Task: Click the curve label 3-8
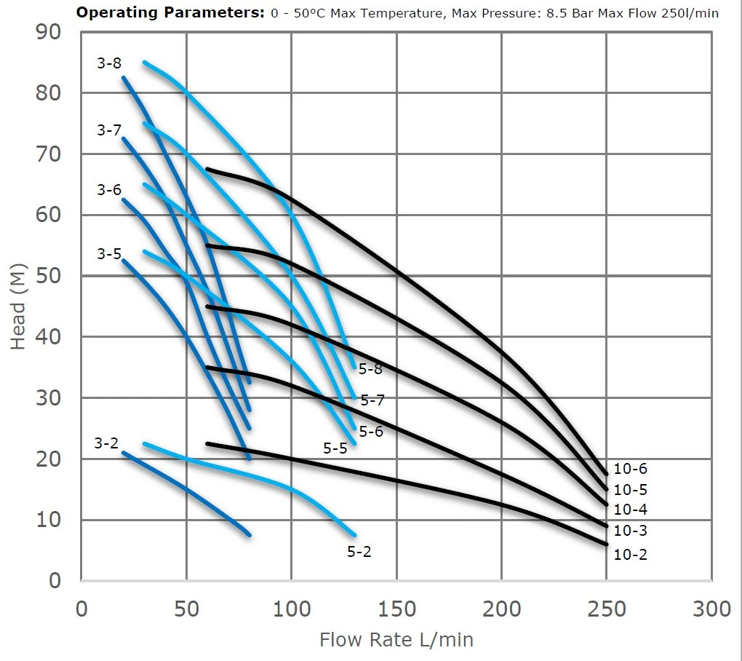coord(109,63)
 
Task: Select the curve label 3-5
coord(109,254)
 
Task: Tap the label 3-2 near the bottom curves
coord(106,443)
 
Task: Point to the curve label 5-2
coord(359,552)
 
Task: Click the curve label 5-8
coord(370,369)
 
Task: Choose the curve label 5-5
coord(335,448)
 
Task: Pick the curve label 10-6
coord(630,470)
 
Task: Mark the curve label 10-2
coord(630,555)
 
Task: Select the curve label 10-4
coord(630,510)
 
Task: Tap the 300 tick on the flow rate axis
coord(711,609)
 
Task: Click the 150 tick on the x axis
coord(396,609)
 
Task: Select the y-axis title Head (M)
coord(19,306)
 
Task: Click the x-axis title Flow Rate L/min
coord(396,640)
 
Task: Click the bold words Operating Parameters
coord(170,13)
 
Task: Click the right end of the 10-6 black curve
coord(606,474)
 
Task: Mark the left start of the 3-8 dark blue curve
coord(123,77)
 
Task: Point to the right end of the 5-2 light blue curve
coord(354,535)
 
